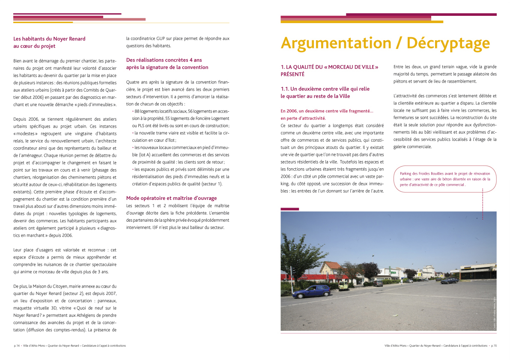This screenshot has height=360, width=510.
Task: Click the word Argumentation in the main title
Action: pyautogui.click(x=336, y=43)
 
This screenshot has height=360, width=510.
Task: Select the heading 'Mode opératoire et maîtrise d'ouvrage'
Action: pyautogui.click(x=171, y=198)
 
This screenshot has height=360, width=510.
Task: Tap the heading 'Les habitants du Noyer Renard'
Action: pyautogui.click(x=49, y=39)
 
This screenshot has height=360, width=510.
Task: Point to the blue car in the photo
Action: pyautogui.click(x=311, y=291)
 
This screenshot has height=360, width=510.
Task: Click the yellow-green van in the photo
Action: pyautogui.click(x=343, y=286)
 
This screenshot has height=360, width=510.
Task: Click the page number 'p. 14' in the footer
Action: pyautogui.click(x=17, y=345)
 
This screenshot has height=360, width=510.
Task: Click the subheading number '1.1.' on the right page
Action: pyautogui.click(x=285, y=89)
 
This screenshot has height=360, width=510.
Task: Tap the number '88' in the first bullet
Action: pyautogui.click(x=137, y=111)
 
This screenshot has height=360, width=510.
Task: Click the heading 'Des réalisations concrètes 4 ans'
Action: pyautogui.click(x=164, y=60)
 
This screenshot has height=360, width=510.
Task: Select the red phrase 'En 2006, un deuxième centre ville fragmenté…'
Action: pyautogui.click(x=327, y=111)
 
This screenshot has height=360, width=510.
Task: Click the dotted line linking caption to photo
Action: pyautogui.click(x=482, y=203)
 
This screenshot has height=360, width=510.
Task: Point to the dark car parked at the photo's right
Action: pyautogui.click(x=449, y=281)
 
